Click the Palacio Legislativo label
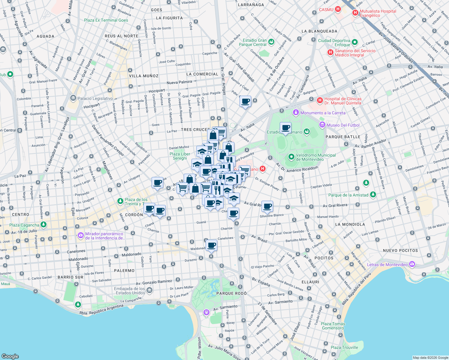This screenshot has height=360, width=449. pyautogui.click(x=95, y=98)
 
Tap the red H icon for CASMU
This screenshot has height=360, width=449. pyautogui.click(x=338, y=9)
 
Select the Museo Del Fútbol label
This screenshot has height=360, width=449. pyautogui.click(x=343, y=125)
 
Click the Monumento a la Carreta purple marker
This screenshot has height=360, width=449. pyautogui.click(x=296, y=112)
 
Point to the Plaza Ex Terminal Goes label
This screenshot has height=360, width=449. pyautogui.click(x=106, y=20)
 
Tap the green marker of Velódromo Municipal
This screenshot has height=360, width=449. pyautogui.click(x=291, y=157)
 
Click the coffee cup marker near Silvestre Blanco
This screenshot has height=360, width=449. pyautogui.click(x=267, y=206)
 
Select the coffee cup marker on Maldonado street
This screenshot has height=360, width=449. pyautogui.click(x=211, y=245)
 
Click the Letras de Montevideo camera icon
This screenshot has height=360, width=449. pyautogui.click(x=412, y=264)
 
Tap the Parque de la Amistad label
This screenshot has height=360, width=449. pyautogui.click(x=348, y=195)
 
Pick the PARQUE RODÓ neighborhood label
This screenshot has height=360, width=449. pyautogui.click(x=231, y=293)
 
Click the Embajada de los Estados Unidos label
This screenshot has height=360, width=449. pyautogui.click(x=130, y=291)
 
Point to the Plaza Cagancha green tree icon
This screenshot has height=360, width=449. pyautogui.click(x=44, y=224)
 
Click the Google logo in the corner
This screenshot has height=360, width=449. pyautogui.click(x=10, y=356)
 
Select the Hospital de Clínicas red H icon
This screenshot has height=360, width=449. pyautogui.click(x=320, y=100)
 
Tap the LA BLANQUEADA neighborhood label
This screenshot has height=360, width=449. pyautogui.click(x=319, y=31)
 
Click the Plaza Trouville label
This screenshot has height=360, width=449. pyautogui.click(x=344, y=347)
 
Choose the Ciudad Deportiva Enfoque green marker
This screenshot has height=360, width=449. pyautogui.click(x=355, y=42)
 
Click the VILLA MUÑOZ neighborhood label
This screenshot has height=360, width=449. pyautogui.click(x=143, y=76)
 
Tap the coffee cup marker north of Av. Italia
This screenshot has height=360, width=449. pyautogui.click(x=245, y=101)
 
